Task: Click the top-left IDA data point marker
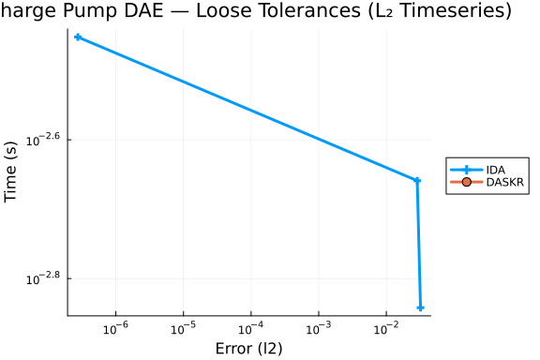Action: [78, 37]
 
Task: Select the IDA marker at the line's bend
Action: [416, 180]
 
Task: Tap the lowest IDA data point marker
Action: [420, 307]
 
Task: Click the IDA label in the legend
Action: [496, 170]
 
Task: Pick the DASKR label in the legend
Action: [505, 182]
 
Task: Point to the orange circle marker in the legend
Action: [466, 182]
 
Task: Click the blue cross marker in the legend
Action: [466, 170]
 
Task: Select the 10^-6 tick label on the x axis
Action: [115, 328]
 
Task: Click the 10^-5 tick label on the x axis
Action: [183, 328]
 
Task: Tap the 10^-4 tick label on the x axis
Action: [251, 328]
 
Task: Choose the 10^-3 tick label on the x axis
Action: [319, 328]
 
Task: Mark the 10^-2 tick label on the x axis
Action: [386, 328]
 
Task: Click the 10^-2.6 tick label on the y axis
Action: [43, 139]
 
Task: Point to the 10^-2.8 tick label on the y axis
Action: [43, 278]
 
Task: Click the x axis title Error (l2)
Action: [249, 349]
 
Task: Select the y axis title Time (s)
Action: [10, 172]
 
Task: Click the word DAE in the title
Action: [143, 10]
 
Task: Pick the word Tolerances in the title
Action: [278, 10]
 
